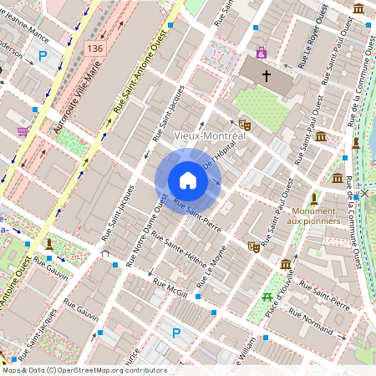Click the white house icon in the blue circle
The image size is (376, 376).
(187, 180)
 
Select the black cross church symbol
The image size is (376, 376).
(267, 76)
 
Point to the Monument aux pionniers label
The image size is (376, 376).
(314, 216)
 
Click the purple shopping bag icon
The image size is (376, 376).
(262, 53)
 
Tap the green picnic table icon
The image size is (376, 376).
(267, 297)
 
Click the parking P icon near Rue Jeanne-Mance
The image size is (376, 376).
(43, 56)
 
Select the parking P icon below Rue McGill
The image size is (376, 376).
(176, 333)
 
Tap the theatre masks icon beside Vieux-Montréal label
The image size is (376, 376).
(245, 124)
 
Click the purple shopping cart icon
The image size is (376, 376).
(23, 132)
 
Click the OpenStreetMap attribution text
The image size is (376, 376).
(84, 370)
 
